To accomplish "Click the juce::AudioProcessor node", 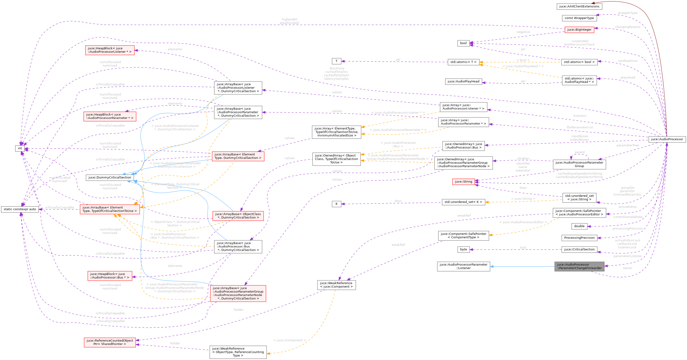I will [667, 139].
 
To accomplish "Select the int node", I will [20, 148].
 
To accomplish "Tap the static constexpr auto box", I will [20, 209].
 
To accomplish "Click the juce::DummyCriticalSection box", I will [110, 177].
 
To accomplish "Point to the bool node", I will [463, 43].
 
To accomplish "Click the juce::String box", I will [463, 182].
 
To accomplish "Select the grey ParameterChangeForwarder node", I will [579, 266].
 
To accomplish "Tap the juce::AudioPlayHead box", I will [463, 81].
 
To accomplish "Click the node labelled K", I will [336, 204].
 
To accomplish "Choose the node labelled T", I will [336, 61].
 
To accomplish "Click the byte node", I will [463, 249].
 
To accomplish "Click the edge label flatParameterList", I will [580, 127].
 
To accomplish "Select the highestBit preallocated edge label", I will [289, 21].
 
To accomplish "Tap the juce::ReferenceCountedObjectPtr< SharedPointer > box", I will [110, 342].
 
